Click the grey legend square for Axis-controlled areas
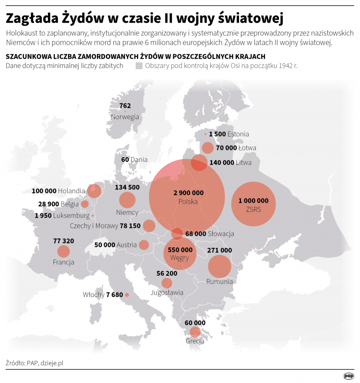click(x=139, y=66)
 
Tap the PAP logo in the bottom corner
click(x=349, y=376)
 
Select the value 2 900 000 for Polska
click(x=188, y=193)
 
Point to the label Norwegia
click(x=125, y=117)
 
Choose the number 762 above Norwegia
click(x=125, y=106)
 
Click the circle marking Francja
click(x=63, y=251)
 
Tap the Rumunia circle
click(x=220, y=267)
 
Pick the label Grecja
click(x=195, y=341)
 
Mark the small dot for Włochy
click(x=127, y=295)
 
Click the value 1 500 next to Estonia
click(x=217, y=134)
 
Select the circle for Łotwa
click(x=208, y=148)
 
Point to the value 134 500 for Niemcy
click(x=127, y=187)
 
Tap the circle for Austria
click(x=144, y=245)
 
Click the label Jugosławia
click(x=167, y=292)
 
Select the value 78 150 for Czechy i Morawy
click(x=130, y=225)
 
